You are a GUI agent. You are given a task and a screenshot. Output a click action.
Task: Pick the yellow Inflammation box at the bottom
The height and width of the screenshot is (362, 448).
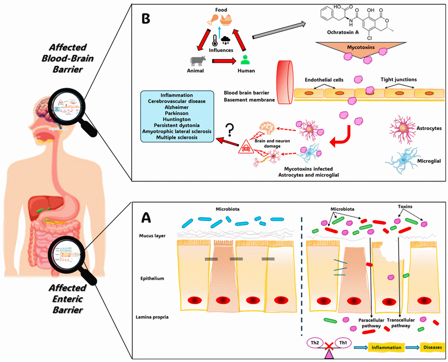383,347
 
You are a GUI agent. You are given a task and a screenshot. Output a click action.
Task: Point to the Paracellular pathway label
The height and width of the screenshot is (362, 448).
370,323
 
